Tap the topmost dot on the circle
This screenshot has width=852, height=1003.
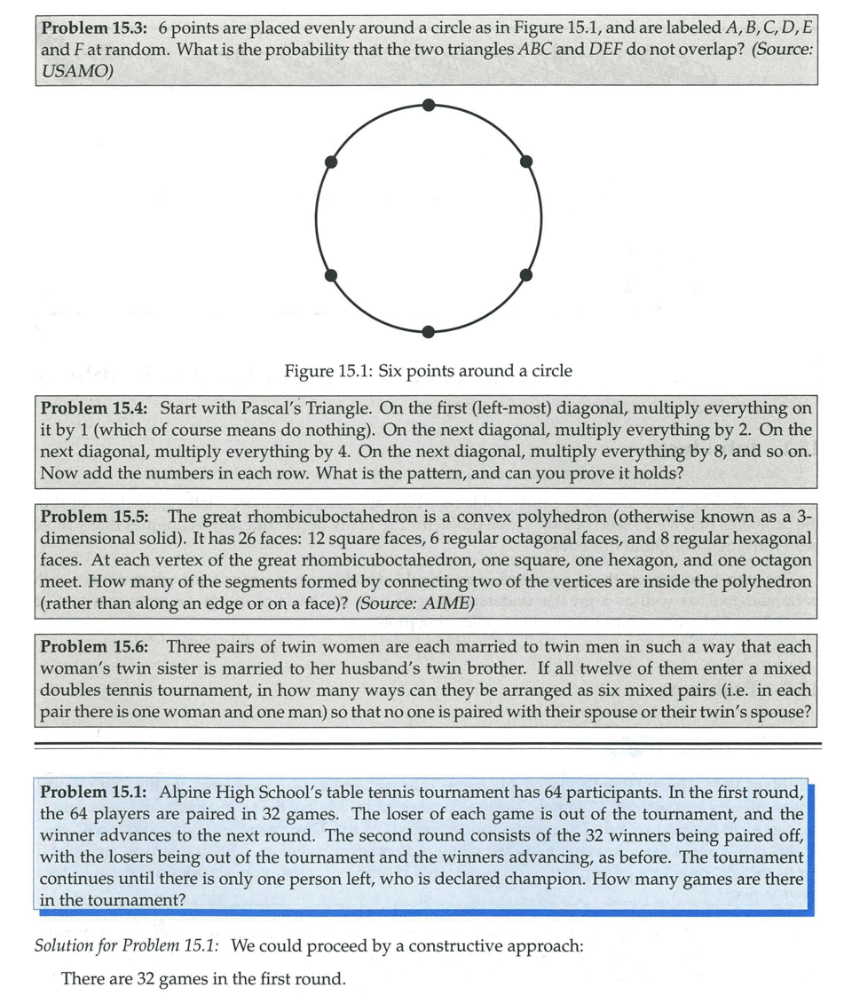(x=429, y=105)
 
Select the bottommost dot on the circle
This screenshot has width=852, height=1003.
(x=429, y=332)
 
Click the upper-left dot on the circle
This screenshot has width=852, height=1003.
(x=331, y=162)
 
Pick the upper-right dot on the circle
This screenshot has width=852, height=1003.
(x=525, y=162)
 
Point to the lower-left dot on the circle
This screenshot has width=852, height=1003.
(x=331, y=275)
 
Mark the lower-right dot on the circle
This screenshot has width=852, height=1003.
(x=525, y=275)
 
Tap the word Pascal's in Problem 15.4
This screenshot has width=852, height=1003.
(x=313, y=408)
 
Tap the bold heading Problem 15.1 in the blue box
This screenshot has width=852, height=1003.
(x=97, y=791)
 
